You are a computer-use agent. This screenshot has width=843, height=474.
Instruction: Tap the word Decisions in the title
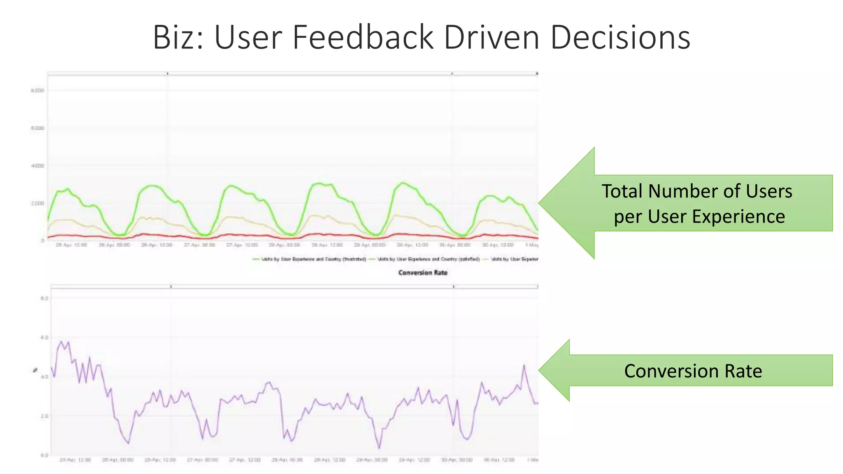coord(620,37)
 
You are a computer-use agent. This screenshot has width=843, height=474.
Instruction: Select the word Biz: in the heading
coord(178,37)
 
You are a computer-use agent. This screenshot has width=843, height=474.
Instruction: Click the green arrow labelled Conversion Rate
coord(692,371)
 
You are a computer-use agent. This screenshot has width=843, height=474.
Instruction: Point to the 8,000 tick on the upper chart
coord(37,91)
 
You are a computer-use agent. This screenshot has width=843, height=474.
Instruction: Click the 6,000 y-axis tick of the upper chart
coord(37,128)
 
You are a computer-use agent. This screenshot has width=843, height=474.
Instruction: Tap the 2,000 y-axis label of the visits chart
coord(37,203)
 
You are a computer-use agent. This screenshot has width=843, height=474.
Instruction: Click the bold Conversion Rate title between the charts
coord(423,272)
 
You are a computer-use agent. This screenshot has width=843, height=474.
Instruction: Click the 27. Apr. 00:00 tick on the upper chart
coord(199,245)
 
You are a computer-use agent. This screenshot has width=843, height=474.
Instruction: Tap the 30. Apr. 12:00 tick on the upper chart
coord(498,245)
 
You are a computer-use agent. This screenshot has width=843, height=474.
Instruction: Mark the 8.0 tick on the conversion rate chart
coord(44,298)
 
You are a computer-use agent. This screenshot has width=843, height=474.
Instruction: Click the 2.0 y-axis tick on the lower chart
coord(44,416)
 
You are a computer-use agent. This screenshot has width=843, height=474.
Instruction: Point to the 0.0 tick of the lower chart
coord(44,455)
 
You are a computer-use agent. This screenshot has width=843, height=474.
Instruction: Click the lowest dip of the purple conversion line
coord(379,448)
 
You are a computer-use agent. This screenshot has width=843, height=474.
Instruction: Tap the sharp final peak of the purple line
coord(524,365)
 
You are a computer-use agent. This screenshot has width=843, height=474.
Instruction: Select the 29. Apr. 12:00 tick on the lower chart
coord(414,460)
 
